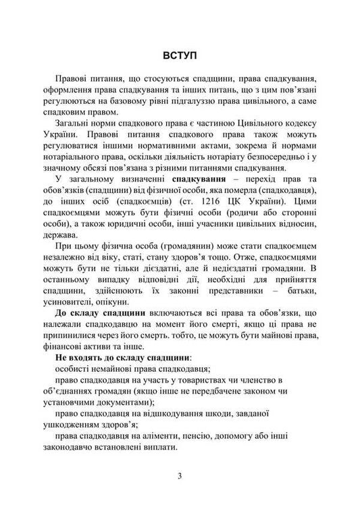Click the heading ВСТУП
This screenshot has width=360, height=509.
pos(180,53)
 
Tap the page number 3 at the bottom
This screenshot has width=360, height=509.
pos(180,477)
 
